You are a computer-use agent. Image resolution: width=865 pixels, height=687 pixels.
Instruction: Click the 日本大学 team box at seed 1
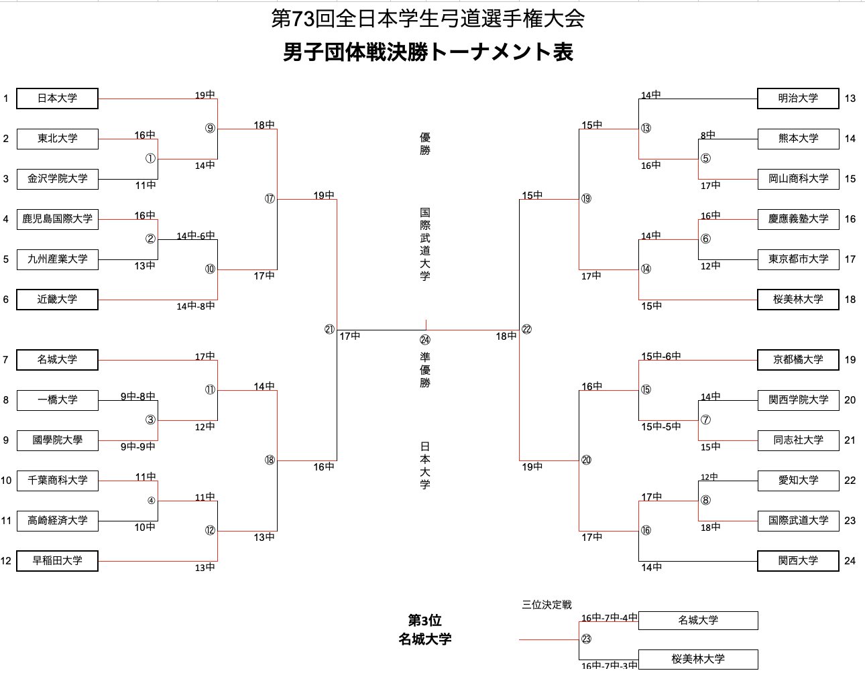(57, 99)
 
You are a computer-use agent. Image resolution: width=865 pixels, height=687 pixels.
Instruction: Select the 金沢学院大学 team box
(57, 179)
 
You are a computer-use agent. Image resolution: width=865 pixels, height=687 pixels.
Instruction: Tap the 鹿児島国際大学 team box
(57, 219)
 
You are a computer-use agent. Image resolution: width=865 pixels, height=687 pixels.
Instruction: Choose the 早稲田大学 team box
(57, 561)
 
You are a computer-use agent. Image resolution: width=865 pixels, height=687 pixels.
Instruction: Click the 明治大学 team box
(798, 99)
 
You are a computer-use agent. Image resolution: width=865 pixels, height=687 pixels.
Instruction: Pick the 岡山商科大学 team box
(798, 179)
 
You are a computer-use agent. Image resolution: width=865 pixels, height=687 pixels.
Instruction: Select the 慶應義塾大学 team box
(798, 219)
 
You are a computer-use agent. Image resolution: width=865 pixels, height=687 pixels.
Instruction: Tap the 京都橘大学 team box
(798, 360)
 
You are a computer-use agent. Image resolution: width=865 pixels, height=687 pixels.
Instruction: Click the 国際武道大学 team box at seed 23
(798, 521)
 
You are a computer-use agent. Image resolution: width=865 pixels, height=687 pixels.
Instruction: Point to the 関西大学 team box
(798, 561)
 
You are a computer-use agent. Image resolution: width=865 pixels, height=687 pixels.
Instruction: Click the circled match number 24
(425, 340)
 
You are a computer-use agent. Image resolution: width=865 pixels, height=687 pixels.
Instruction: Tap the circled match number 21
(329, 330)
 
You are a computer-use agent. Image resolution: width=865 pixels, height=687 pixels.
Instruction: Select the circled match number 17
(270, 199)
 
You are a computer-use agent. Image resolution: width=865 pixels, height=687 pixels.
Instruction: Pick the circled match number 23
(586, 639)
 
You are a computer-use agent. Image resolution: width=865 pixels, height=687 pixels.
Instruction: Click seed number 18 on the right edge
(850, 300)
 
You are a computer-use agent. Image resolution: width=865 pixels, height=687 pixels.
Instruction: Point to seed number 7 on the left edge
(5, 360)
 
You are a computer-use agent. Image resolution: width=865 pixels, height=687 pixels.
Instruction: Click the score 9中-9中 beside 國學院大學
(138, 446)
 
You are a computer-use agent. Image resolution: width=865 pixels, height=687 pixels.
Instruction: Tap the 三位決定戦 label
(546, 605)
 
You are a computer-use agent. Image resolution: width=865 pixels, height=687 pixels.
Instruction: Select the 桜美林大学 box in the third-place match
(698, 660)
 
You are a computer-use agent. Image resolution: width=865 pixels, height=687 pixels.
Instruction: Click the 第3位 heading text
(425, 621)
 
